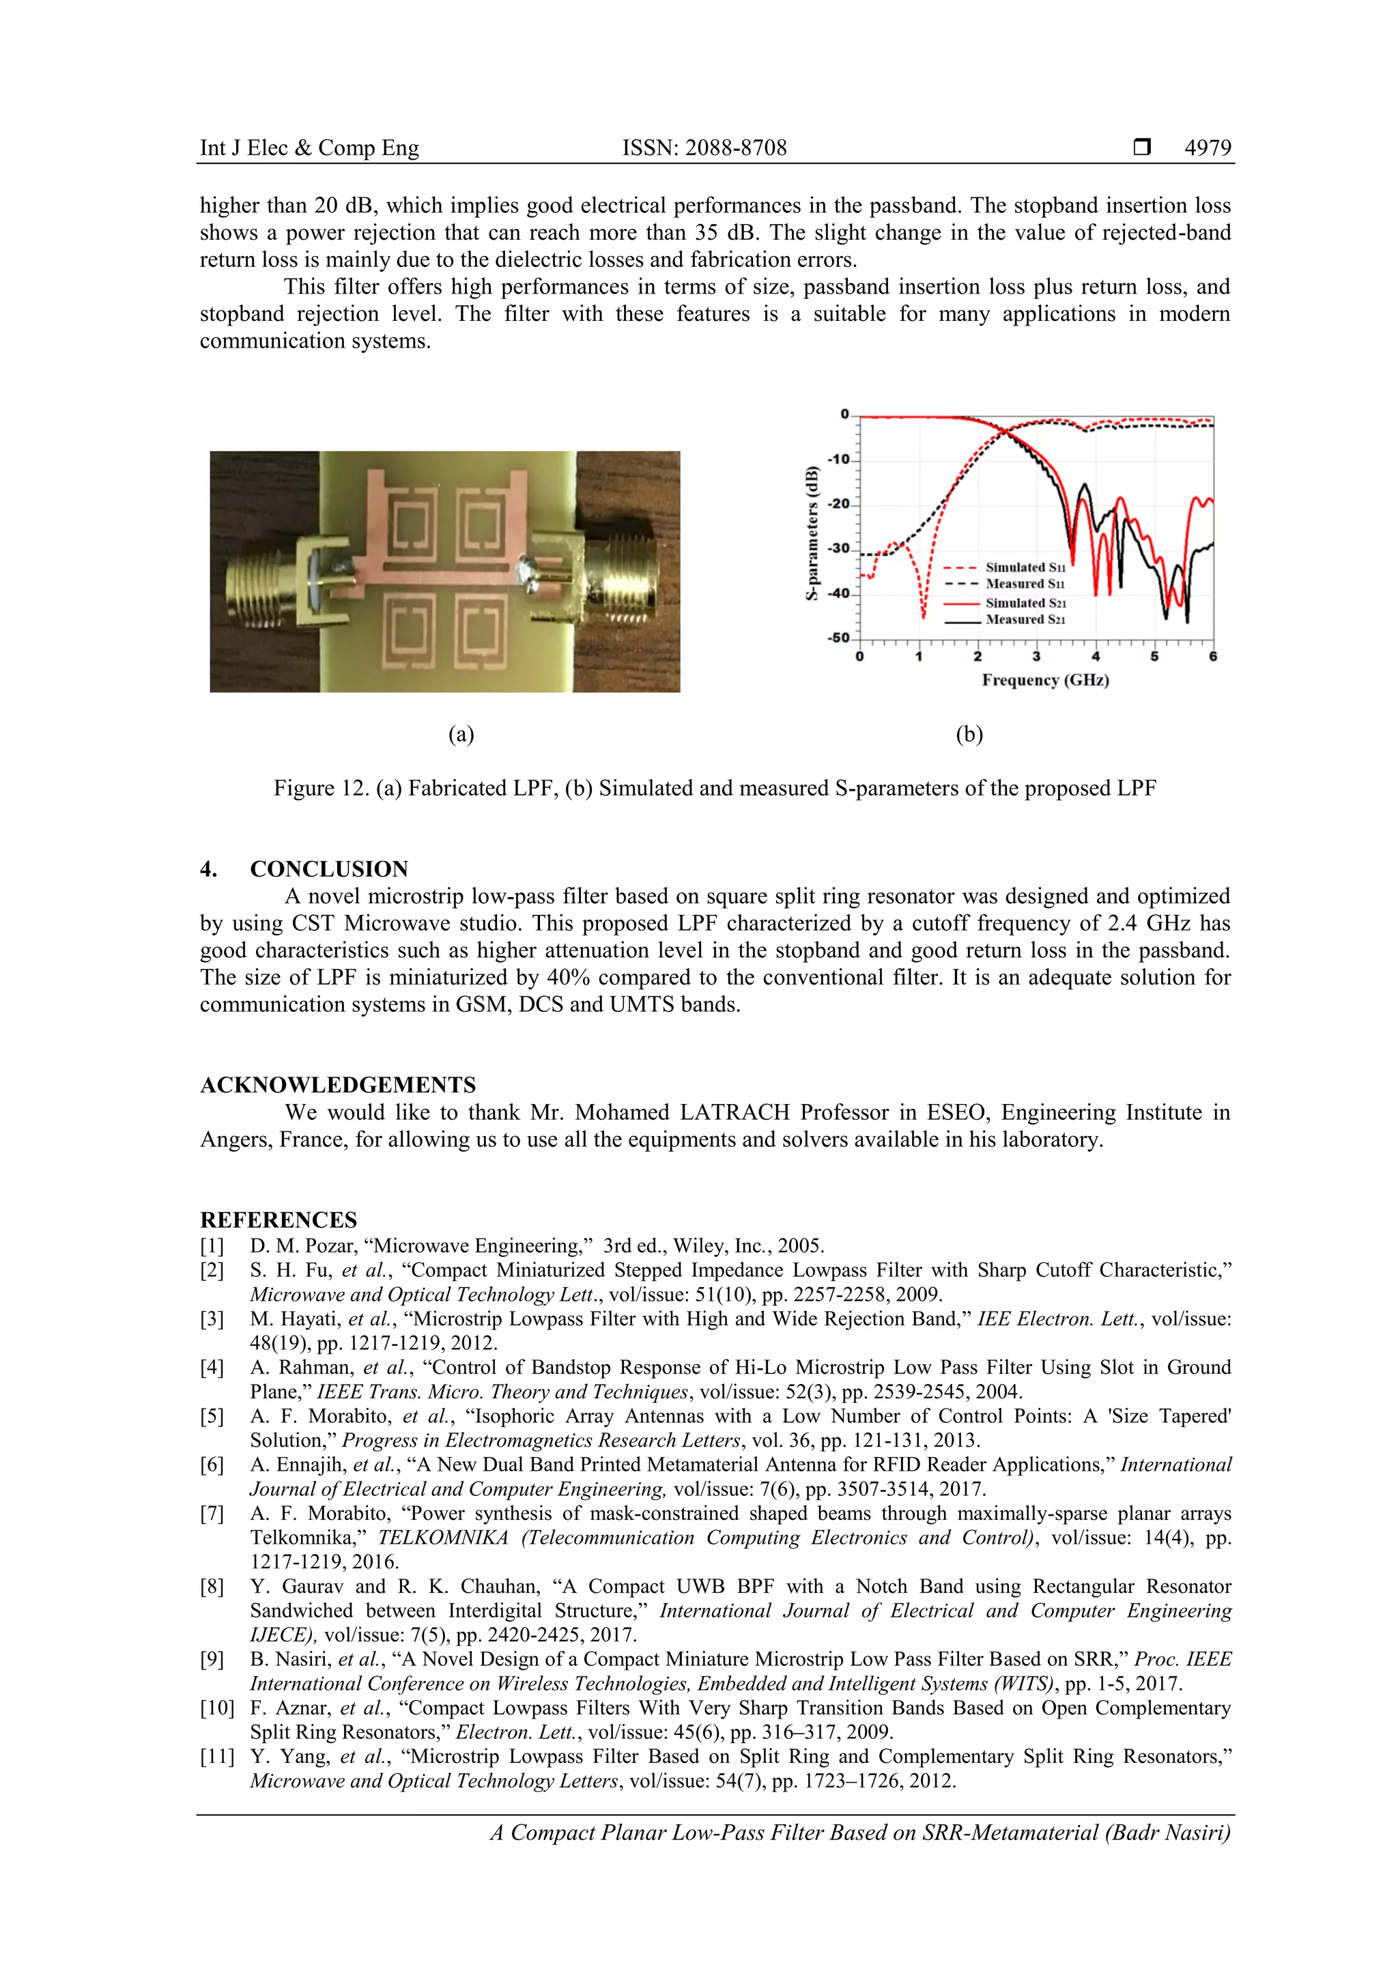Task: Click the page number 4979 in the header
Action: (1207, 148)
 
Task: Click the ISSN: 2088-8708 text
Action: (704, 148)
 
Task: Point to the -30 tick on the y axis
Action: (838, 549)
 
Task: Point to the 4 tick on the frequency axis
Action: (1096, 656)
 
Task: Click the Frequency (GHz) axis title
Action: (1045, 681)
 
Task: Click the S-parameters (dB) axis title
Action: (812, 533)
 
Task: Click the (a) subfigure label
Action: (461, 734)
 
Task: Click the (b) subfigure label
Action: (969, 734)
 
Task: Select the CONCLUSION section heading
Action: (328, 868)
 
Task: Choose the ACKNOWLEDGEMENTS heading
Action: (338, 1085)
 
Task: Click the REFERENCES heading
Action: (279, 1220)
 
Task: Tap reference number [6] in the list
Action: (212, 1465)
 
